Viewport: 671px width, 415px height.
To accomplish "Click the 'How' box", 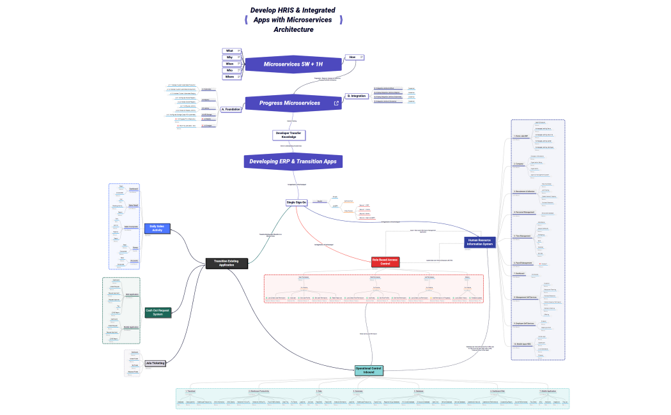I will (354, 57).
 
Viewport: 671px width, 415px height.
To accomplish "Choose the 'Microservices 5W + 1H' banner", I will (293, 64).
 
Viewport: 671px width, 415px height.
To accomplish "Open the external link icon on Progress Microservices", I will (336, 103).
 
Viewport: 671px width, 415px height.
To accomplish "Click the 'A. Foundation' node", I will (231, 110).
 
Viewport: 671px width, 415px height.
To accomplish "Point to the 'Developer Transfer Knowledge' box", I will (289, 135).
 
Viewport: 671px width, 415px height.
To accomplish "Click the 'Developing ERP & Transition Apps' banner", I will (293, 162).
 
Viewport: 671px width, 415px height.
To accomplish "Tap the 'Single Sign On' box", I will (297, 202).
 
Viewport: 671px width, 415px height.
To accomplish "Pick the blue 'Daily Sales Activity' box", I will (157, 228).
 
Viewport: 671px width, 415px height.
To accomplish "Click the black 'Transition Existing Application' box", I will (226, 263).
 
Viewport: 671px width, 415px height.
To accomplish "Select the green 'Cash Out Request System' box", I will (157, 312).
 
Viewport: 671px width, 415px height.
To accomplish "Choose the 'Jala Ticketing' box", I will (155, 363).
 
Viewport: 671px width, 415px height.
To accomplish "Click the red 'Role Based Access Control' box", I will (385, 262).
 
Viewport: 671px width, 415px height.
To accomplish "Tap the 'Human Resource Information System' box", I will (479, 242).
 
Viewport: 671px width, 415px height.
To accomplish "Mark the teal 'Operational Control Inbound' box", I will (369, 370).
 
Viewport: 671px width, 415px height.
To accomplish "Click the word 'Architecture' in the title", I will (293, 29).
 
